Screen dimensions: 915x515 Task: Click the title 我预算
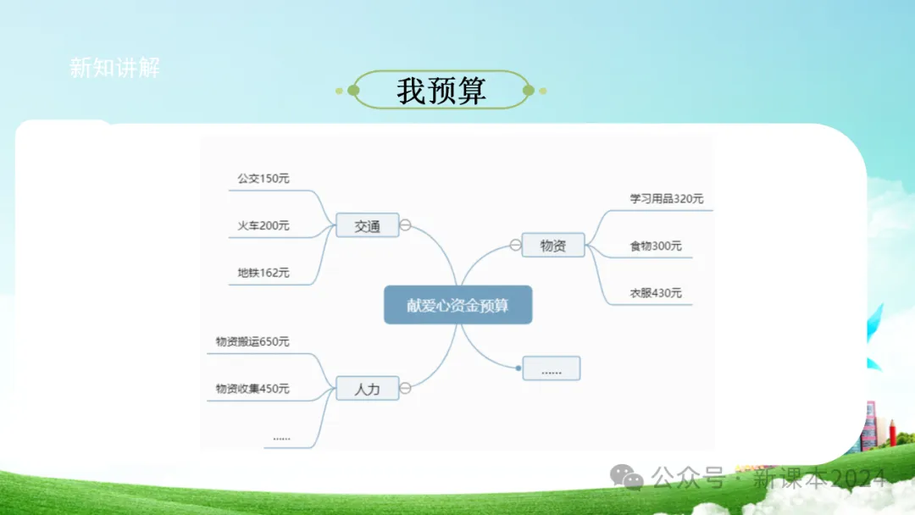441,91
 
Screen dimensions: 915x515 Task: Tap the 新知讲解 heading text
114,68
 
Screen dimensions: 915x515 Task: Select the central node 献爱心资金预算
457,305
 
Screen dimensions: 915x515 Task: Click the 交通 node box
367,225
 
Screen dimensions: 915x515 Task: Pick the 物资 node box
553,246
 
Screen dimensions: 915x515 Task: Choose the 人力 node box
367,389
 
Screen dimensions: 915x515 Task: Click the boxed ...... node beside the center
552,368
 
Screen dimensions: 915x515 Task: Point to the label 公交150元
263,179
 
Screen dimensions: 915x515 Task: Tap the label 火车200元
263,225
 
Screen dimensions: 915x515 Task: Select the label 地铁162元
263,273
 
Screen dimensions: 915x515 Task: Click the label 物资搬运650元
252,341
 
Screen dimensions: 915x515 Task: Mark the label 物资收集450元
252,389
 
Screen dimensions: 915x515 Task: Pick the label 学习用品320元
666,199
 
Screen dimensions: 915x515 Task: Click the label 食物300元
655,246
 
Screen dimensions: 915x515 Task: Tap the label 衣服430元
655,293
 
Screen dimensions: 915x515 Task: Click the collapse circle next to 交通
406,225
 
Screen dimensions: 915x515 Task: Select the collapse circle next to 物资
515,246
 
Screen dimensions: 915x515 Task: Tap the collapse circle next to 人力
406,389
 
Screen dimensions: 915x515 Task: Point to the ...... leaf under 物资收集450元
282,437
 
